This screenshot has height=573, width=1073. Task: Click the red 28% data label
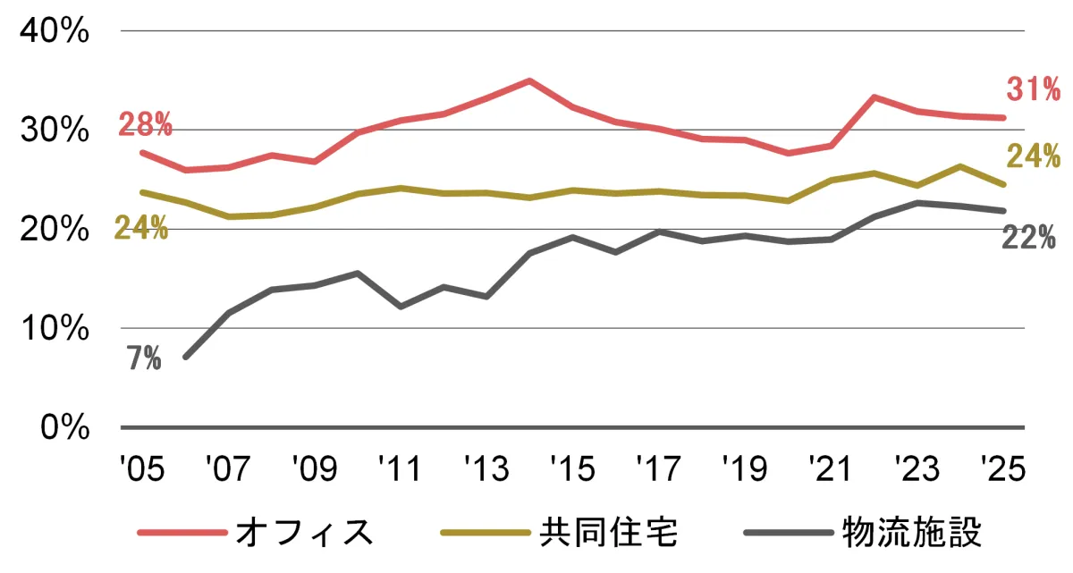[145, 125]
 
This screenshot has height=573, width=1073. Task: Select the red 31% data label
[1033, 89]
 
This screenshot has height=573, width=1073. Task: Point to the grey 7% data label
[143, 360]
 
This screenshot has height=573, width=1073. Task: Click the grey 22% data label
[1028, 238]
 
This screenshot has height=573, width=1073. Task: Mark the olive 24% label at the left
[141, 229]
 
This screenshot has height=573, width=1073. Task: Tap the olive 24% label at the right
[1033, 156]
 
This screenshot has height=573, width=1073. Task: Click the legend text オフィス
[303, 532]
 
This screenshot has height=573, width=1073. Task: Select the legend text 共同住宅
[609, 532]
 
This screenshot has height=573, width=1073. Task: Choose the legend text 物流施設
[912, 532]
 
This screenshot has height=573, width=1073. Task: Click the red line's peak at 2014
[529, 80]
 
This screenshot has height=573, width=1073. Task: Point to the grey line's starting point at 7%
[185, 358]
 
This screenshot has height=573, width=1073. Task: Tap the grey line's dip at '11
[401, 307]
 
